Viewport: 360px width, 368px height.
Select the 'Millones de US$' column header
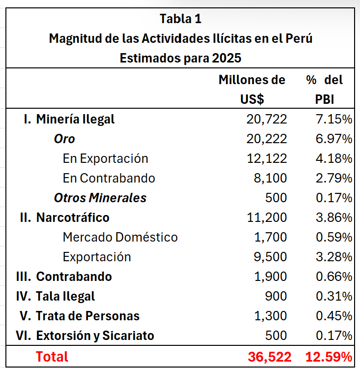(252, 89)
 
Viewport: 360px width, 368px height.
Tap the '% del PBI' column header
(324, 89)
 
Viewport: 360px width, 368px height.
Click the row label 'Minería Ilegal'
(75, 119)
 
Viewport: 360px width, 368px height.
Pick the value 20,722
(267, 119)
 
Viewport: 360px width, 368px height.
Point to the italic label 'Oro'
(64, 139)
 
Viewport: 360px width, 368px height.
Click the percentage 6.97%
(333, 139)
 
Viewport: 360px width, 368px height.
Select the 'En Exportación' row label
(105, 158)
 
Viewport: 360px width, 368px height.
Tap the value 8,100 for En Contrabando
(270, 178)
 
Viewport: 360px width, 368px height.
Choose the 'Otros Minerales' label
(100, 198)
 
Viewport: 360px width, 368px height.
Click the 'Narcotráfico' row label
(73, 217)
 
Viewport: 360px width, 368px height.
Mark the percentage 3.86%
(333, 217)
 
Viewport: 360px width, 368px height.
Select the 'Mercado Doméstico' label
(120, 237)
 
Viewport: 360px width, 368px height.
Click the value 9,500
(270, 257)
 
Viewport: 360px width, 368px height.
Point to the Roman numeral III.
(24, 276)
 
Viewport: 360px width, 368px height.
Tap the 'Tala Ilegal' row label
(65, 296)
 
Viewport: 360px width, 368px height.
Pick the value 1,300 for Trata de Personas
(270, 316)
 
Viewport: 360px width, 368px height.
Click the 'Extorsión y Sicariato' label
(95, 336)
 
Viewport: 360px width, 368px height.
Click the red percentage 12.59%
(329, 356)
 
